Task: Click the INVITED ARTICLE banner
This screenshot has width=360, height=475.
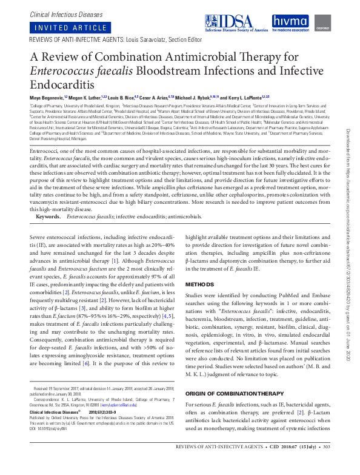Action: point(60,28)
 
